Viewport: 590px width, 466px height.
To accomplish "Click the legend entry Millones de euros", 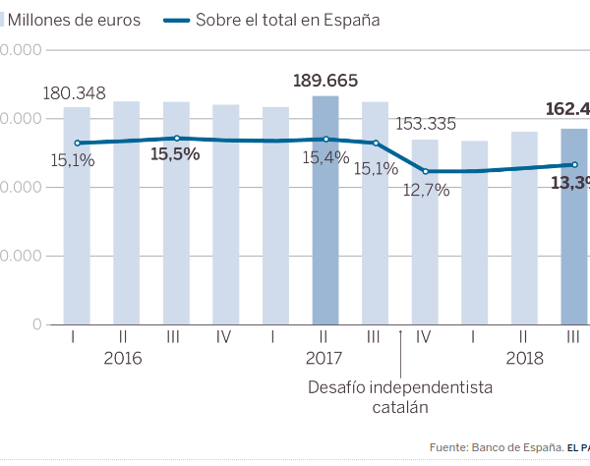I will click(x=75, y=20).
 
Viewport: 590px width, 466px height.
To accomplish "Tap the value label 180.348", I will click(x=75, y=93).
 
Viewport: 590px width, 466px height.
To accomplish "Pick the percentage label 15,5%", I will click(x=175, y=154).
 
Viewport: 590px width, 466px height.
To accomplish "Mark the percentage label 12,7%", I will click(x=426, y=190).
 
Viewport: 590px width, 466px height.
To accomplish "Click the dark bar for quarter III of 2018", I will click(x=574, y=226).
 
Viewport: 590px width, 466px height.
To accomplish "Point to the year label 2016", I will click(x=123, y=358).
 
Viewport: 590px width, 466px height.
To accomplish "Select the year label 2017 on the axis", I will click(x=324, y=358).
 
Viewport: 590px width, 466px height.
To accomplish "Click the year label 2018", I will click(x=524, y=358).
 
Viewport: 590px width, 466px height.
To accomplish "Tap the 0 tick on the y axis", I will click(x=36, y=324).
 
